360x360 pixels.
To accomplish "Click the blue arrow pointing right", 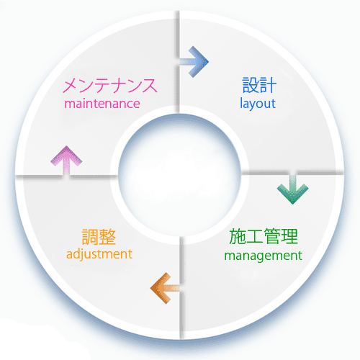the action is click(194, 62).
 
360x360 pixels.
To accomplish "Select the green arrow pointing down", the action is click(292, 189).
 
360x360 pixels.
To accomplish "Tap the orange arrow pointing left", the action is click(166, 288).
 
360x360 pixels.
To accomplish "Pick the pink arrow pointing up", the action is click(66, 161).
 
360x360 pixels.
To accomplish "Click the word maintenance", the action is click(102, 104).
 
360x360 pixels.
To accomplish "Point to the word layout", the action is click(258, 104).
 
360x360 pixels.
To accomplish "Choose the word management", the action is click(263, 256).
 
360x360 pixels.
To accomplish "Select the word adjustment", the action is click(99, 254).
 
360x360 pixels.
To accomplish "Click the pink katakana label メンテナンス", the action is click(110, 86).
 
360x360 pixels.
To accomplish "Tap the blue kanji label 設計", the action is click(259, 85).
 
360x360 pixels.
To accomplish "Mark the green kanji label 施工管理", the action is click(264, 236).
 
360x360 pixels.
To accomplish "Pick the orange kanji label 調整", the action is click(99, 237).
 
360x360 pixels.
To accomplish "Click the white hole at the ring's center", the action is click(179, 175).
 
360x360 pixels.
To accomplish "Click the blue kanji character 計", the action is click(268, 85).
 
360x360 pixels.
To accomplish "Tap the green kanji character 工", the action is click(255, 237).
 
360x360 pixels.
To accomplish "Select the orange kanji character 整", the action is click(108, 237).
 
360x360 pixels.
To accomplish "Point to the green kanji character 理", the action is click(290, 236).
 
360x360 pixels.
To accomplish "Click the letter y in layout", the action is click(252, 106).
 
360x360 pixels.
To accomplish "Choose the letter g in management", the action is click(262, 258).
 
